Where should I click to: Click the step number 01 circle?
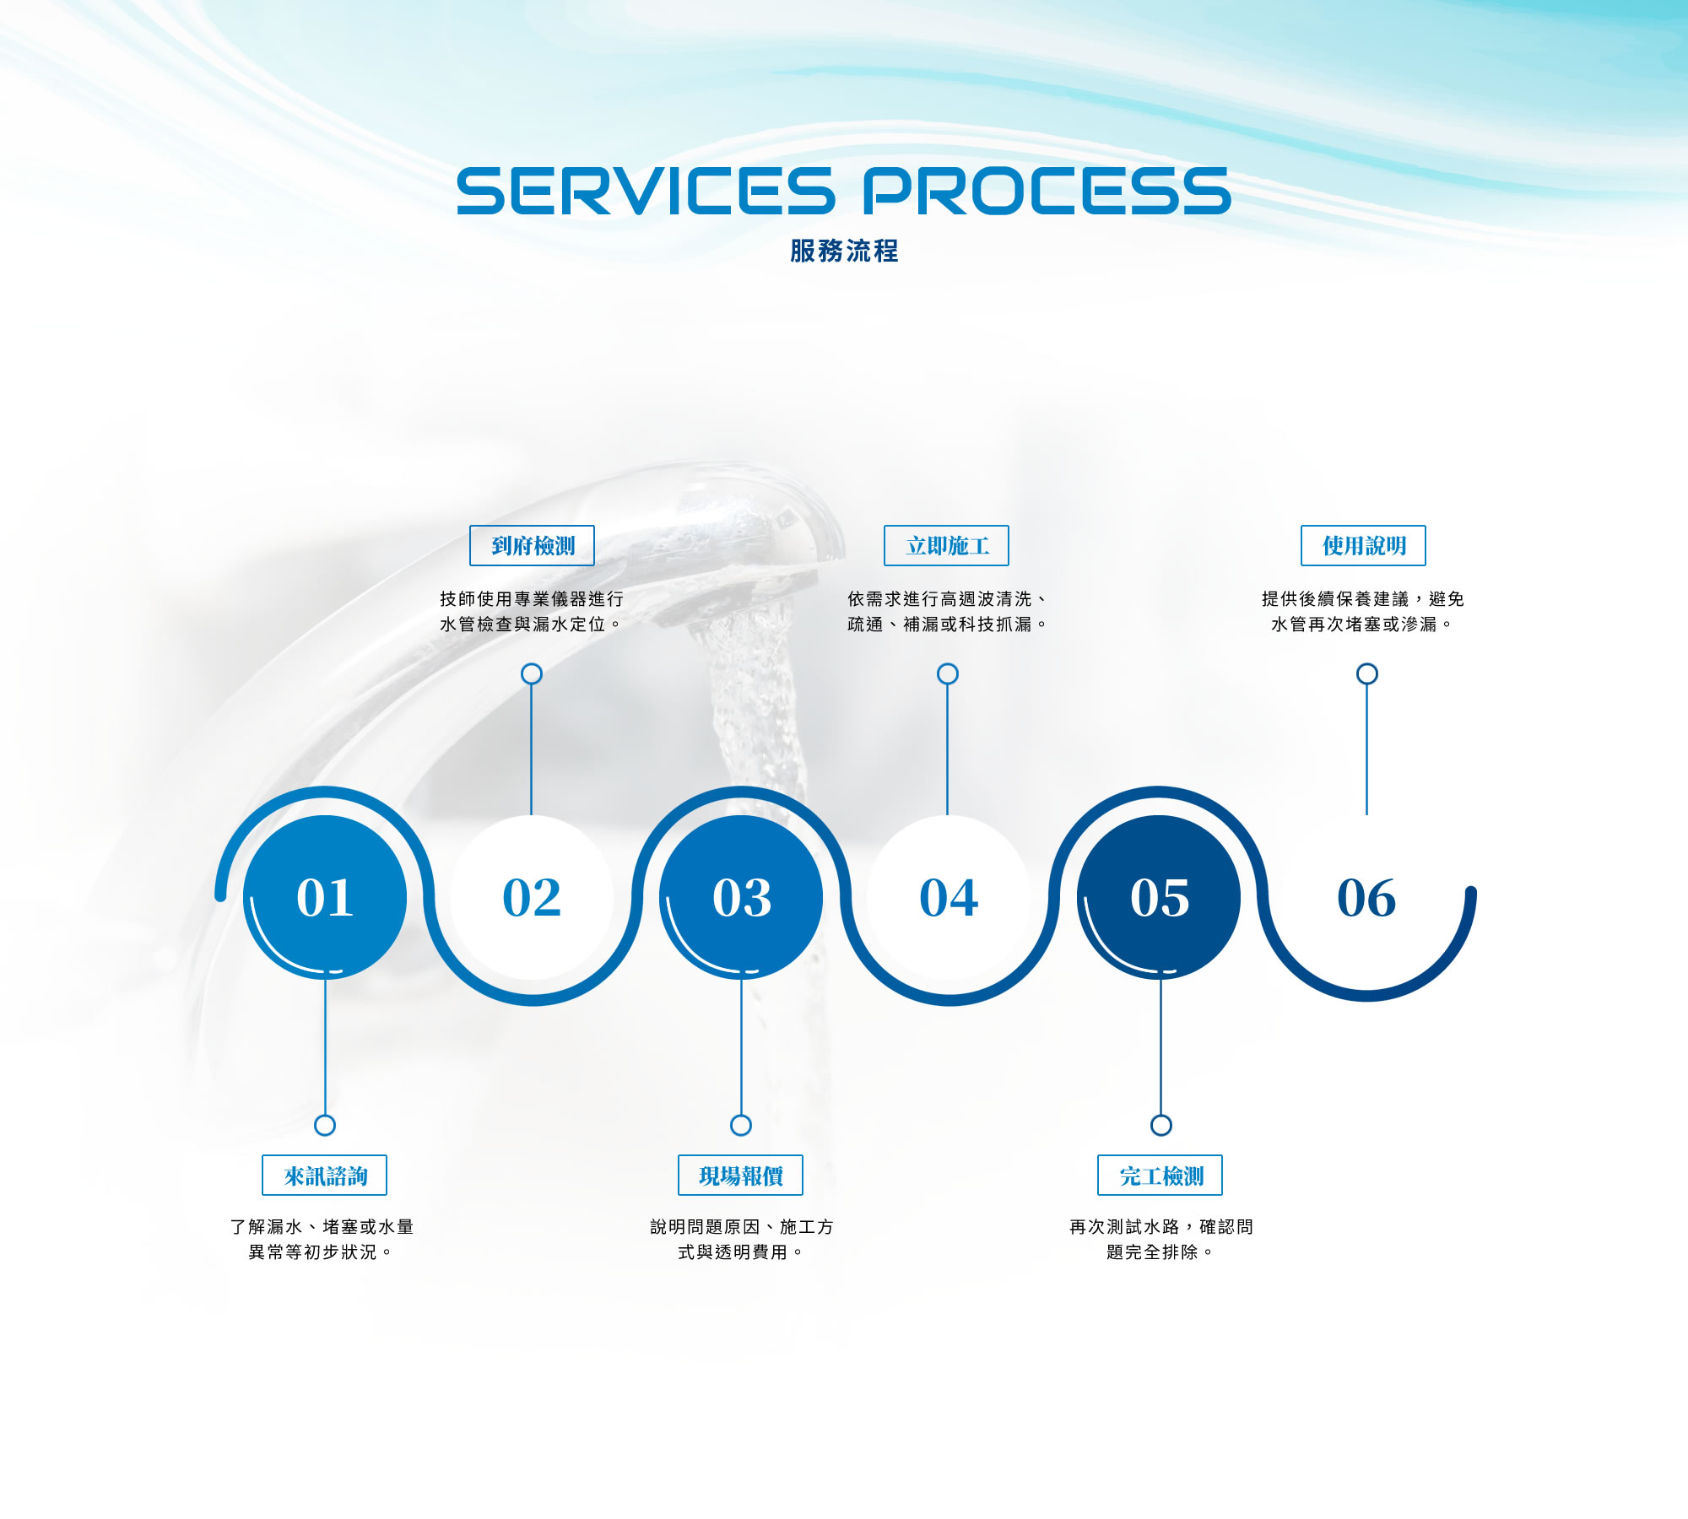point(325,896)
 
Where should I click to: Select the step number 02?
point(532,896)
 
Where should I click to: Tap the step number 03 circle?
point(741,896)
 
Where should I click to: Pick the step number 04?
point(949,896)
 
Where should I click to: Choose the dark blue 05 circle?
point(1159,896)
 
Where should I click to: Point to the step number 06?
point(1366,896)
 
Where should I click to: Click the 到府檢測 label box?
point(532,545)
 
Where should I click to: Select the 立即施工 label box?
point(946,545)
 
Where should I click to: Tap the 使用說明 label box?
point(1363,545)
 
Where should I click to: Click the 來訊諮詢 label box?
point(324,1175)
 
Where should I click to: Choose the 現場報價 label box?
point(740,1175)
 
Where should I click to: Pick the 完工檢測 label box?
point(1160,1175)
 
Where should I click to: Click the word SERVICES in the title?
point(646,191)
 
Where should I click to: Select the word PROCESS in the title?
point(1046,191)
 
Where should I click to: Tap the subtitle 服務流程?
point(844,251)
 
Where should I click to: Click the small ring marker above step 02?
point(532,673)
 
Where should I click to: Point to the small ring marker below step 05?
point(1161,1125)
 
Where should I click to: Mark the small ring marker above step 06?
point(1367,673)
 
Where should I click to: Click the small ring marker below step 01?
point(325,1125)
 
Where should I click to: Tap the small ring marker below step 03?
point(741,1125)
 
